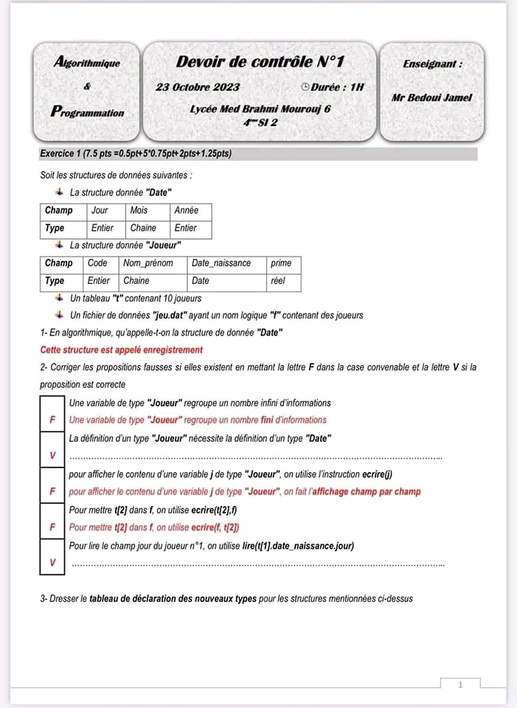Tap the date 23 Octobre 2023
198,87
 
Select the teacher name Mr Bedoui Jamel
431,97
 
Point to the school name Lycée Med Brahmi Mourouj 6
260,108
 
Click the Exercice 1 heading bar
258,154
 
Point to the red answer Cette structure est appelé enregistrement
122,350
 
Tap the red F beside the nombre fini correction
52,420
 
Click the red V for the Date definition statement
52,455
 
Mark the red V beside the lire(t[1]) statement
52,563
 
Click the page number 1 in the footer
459,685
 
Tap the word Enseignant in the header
430,64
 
